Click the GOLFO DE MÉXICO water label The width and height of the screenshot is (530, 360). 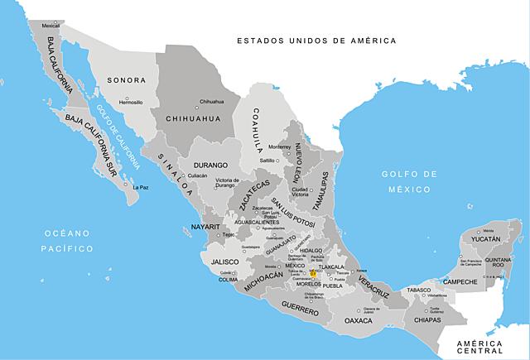408,180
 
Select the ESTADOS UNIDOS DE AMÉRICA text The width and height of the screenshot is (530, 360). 316,40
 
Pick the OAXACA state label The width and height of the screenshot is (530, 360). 359,320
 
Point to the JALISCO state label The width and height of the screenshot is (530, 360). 224,262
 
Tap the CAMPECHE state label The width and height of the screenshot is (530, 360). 460,282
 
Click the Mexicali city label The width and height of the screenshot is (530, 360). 51,26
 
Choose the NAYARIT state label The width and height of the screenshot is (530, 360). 205,226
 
